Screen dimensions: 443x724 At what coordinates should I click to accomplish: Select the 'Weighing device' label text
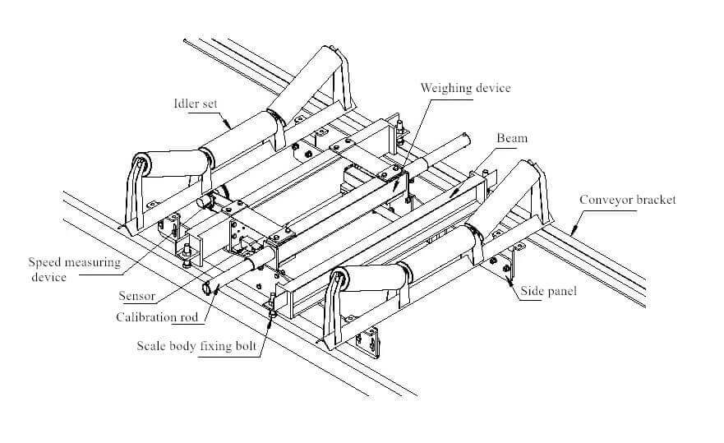point(465,88)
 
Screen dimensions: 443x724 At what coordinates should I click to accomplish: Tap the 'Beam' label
point(511,139)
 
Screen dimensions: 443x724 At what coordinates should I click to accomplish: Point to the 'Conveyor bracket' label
point(627,200)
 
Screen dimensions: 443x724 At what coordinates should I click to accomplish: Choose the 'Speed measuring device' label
point(74,270)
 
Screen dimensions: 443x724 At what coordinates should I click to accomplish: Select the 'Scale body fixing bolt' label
point(198,345)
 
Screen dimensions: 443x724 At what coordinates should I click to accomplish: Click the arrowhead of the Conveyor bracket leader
point(565,224)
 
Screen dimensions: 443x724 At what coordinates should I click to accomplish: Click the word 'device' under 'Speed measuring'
point(48,277)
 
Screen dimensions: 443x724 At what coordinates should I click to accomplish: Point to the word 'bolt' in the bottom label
point(247,345)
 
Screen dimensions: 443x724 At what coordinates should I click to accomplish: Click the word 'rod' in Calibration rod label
point(191,317)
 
